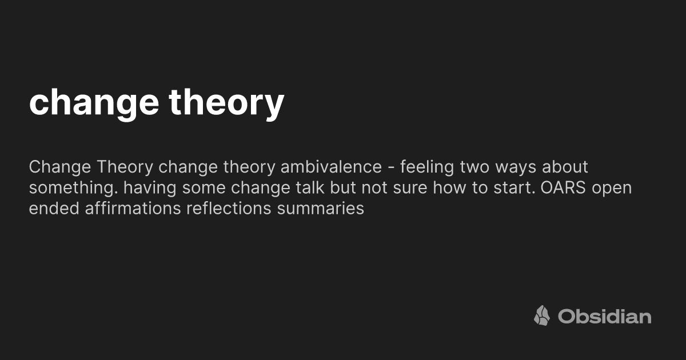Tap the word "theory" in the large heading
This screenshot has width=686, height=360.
coord(226,103)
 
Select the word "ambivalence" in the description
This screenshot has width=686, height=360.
coord(331,167)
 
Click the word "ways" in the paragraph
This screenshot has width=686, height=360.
coord(513,167)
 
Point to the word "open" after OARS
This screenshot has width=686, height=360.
coord(612,188)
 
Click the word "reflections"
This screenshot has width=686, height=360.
coord(229,209)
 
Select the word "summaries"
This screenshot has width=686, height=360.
coord(321,209)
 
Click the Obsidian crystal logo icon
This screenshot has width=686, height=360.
coord(542,315)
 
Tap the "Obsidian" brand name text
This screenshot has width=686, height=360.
coord(604,316)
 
